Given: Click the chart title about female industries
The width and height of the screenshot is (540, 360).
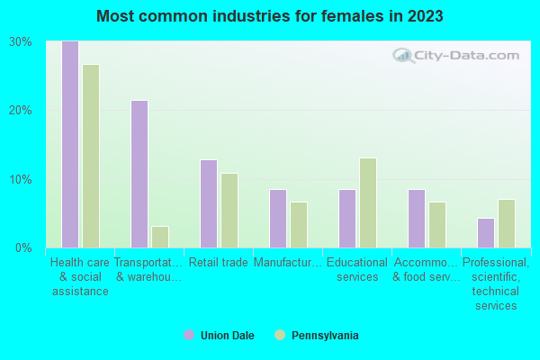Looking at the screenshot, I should point(270,16).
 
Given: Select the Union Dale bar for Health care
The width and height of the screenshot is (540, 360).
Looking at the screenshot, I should point(69,144).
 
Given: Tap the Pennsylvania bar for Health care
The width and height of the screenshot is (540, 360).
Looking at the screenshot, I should point(90,156).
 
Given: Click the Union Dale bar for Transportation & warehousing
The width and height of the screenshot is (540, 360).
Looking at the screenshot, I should point(139,174).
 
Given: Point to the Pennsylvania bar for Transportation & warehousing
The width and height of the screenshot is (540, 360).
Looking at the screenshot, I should point(159,237).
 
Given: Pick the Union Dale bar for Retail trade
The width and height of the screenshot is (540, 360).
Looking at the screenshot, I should point(208,203).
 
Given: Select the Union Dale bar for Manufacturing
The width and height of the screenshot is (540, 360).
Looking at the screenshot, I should point(277,219).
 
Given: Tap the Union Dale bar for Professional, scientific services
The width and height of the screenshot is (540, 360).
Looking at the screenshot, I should point(485,233).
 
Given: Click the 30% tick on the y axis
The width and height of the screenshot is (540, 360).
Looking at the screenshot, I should point(21,42).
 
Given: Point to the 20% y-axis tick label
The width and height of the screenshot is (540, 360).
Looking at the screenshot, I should point(21,111).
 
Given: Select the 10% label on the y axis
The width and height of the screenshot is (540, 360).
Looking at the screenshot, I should point(21,179).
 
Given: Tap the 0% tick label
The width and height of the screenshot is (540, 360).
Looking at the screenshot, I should point(23,247).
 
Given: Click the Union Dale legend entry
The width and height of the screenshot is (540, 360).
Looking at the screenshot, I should point(219,336).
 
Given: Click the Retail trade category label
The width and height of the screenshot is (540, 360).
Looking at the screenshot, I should point(218,263).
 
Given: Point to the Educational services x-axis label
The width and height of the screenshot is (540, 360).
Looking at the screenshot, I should point(357,270).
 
